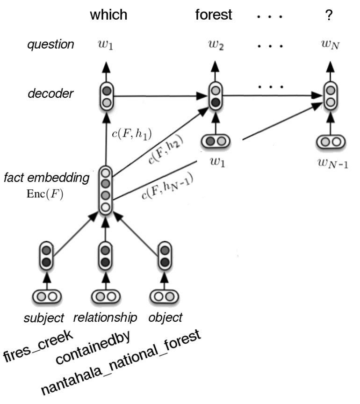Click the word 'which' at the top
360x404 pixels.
108,14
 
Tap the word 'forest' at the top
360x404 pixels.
214,14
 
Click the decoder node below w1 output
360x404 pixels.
107,96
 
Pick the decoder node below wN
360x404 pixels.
329,96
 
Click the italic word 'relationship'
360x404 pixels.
105,318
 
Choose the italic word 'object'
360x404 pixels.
166,318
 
